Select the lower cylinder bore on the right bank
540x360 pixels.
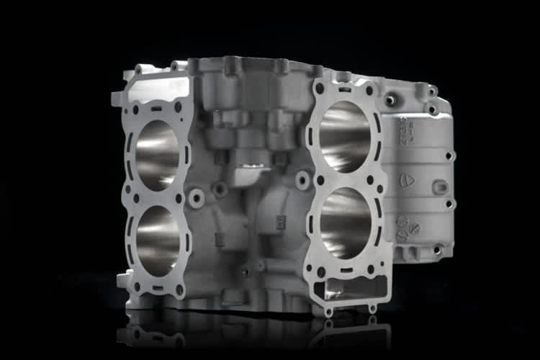pyautogui.click(x=346, y=224)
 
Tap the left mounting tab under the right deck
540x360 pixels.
pyautogui.click(x=328, y=312)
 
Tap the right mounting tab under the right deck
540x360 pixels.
pyautogui.click(x=372, y=308)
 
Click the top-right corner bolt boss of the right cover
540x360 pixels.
pyautogui.click(x=432, y=91)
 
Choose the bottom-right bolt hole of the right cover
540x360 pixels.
pyautogui.click(x=437, y=249)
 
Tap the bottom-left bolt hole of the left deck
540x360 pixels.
pyautogui.click(x=136, y=286)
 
